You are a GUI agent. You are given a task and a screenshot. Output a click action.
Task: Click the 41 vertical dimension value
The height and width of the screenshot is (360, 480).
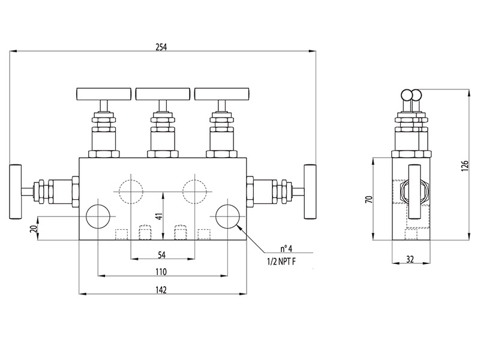point(159,217)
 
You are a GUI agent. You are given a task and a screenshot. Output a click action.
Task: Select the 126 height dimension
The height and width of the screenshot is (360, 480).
point(464,165)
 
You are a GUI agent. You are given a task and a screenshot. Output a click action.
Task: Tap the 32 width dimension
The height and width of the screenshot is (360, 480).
point(410,259)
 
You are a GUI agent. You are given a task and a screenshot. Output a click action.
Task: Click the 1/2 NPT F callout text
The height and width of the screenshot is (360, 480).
point(281,261)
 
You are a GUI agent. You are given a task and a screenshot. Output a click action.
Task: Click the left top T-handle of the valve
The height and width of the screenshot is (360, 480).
point(104,94)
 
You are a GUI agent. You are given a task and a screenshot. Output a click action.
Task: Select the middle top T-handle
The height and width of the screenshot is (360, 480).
point(163,94)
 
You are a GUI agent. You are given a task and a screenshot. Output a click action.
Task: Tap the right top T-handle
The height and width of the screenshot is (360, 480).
point(221,94)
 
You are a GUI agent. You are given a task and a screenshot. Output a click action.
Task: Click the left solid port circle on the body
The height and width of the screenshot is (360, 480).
point(98,216)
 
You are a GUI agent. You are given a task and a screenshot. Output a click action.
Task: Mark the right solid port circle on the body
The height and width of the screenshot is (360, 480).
point(227,216)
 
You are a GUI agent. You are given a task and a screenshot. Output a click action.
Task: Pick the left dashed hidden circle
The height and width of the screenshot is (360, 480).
point(131,191)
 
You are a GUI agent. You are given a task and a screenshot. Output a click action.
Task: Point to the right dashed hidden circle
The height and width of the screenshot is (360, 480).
point(195,191)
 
